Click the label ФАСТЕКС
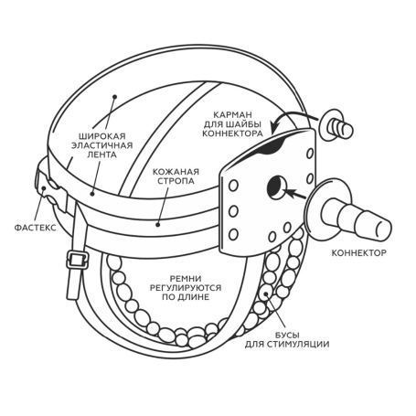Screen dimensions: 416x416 click(36, 228)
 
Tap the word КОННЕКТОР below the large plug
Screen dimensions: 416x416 click(358, 253)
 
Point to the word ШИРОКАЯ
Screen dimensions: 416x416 click(102, 136)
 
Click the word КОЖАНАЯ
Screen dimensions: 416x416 click(176, 172)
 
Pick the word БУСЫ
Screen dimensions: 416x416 click(287, 336)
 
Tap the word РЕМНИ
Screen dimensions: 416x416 click(186, 279)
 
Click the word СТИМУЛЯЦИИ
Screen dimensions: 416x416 click(299, 345)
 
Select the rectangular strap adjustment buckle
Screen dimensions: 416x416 click(77, 260)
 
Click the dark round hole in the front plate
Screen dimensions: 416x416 click(276, 187)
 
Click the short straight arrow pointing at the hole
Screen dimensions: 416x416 click(294, 194)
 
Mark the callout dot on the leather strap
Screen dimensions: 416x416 click(157, 225)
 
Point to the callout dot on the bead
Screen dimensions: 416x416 click(266, 294)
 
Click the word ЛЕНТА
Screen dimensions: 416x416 click(101, 155)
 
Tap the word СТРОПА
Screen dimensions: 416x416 click(176, 181)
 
